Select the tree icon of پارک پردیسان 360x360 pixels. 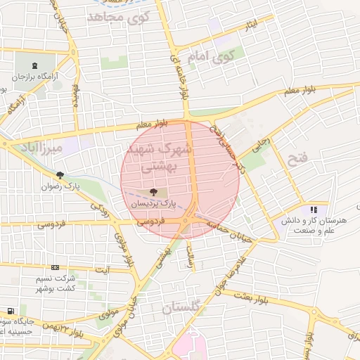[154, 191]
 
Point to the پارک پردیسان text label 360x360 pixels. [154, 203]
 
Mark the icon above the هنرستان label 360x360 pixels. [314, 210]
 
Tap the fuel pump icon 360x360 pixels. [10, 311]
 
